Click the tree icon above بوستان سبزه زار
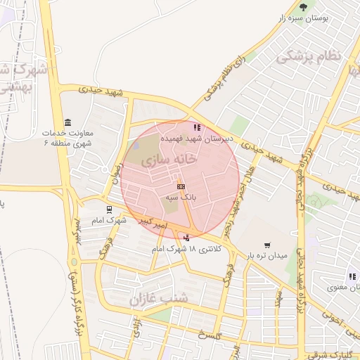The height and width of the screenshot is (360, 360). coord(303,7)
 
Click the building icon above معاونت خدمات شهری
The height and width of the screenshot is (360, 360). coord(67,122)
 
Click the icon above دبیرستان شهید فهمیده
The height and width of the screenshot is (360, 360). coord(197,127)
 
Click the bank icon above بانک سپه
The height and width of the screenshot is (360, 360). coord(181,186)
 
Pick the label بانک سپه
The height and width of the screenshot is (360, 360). coord(179,198)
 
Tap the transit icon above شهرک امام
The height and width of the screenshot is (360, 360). coord(108,209)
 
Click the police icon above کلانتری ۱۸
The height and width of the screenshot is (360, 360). coord(186,238)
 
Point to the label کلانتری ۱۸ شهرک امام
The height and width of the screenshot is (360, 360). coord(186,249)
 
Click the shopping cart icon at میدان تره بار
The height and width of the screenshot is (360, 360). coord(267,245)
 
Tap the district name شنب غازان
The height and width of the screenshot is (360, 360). coord(159,299)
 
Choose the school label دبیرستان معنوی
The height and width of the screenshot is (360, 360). coord(345,287)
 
